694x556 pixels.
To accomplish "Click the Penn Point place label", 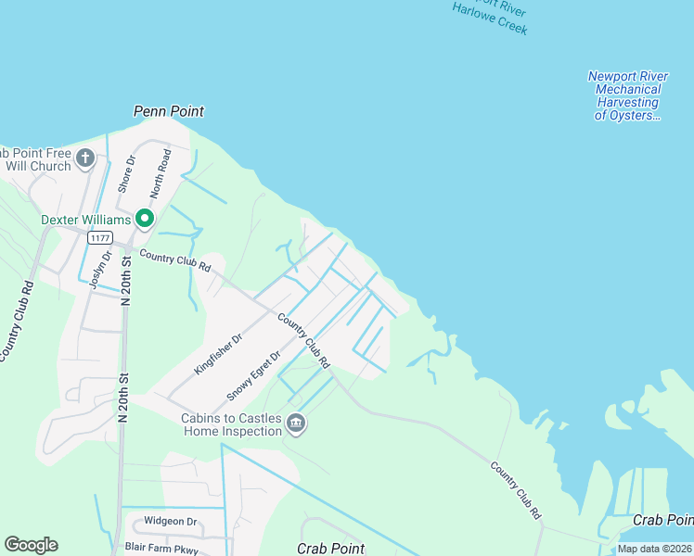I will tap(169, 111).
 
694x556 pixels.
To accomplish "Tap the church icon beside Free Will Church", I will tap(85, 158).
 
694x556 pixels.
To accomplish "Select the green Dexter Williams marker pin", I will tap(145, 219).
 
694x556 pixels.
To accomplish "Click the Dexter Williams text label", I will tap(85, 220).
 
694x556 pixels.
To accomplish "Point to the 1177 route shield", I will tap(100, 238).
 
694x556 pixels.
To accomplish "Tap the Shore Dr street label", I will tap(126, 173).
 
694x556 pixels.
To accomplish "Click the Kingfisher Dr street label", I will tap(218, 353).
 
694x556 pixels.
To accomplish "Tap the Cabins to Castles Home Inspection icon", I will tap(296, 424).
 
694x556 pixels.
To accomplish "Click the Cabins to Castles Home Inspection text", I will tap(230, 424).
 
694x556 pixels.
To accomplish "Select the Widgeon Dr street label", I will tap(171, 522).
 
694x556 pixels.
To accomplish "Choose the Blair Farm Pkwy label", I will tap(161, 548).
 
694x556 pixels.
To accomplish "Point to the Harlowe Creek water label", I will tap(490, 19).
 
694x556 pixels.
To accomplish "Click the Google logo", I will tap(31, 545).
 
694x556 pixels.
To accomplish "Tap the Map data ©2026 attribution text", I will tap(653, 549).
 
